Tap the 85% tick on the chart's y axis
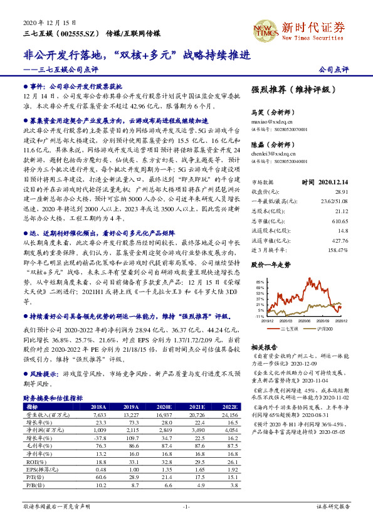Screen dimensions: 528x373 coord(261,282)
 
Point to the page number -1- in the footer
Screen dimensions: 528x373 coord(186,506)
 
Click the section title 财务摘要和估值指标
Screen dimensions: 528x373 coord(53,398)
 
